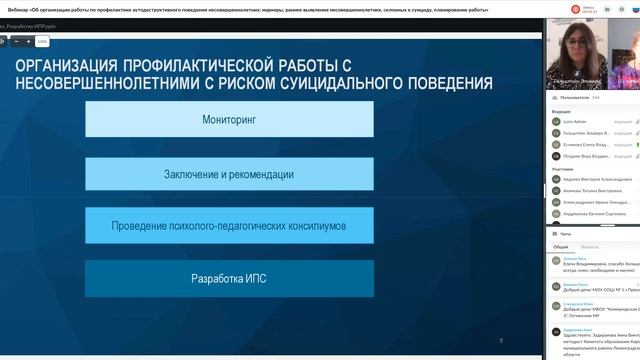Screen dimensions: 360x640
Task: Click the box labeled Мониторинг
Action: (229, 119)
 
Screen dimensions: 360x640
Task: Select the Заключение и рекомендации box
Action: (229, 174)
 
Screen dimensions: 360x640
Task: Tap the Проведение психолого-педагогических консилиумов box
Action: (229, 226)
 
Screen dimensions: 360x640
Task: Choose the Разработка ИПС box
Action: (229, 278)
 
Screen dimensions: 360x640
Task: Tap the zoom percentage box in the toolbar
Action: (42, 42)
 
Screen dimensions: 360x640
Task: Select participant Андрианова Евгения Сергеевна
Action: (594, 213)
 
